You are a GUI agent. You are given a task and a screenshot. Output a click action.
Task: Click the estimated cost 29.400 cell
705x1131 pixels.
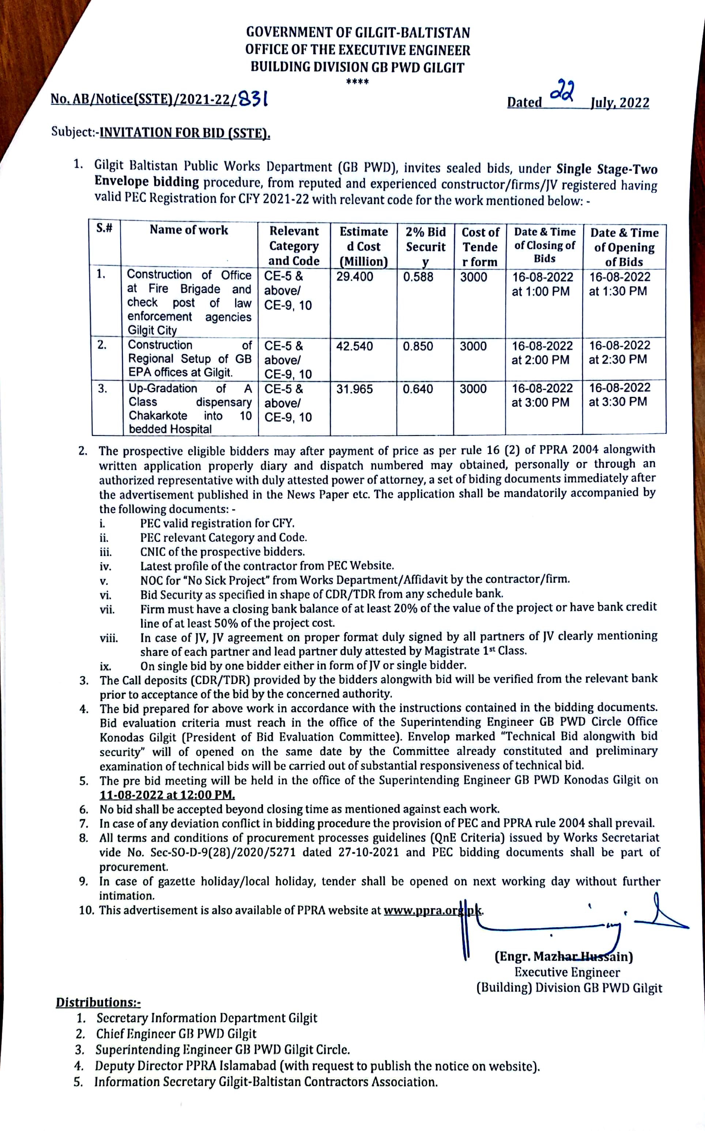[x=354, y=277]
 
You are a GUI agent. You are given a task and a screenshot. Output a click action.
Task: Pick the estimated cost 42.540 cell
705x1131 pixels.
[x=354, y=346]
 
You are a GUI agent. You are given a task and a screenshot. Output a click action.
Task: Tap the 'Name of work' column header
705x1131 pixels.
[x=189, y=230]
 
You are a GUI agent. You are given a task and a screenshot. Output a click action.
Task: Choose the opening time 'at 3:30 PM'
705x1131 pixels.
[x=618, y=402]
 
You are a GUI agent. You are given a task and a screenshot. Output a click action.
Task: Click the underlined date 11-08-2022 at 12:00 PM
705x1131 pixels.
[x=167, y=795]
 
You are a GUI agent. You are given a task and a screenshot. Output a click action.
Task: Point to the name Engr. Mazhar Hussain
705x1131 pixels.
[x=563, y=957]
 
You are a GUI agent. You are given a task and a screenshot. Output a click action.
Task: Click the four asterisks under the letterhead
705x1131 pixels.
[x=358, y=82]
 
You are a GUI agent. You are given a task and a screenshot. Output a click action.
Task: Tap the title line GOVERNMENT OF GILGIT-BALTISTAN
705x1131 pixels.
[x=358, y=32]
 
